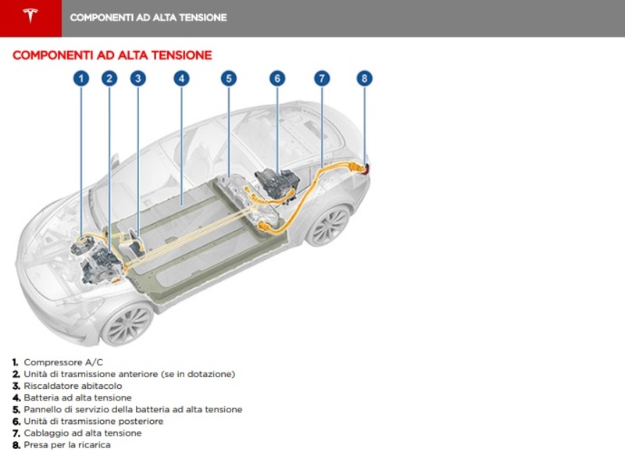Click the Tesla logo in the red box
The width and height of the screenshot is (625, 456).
click(30, 17)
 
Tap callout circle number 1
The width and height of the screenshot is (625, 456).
click(81, 78)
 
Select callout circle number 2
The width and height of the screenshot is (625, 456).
click(109, 78)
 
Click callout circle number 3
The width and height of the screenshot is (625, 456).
click(137, 78)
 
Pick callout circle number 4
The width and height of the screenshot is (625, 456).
click(180, 78)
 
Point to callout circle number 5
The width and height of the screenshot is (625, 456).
click(228, 78)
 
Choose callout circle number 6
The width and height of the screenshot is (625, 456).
click(277, 78)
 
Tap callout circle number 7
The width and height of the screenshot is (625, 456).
click(321, 78)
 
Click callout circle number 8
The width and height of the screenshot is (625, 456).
click(363, 78)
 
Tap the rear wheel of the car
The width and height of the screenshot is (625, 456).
click(328, 226)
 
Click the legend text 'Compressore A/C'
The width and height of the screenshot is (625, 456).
click(62, 362)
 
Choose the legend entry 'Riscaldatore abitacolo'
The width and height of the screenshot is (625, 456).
click(73, 386)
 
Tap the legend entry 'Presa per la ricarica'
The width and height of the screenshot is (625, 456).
click(67, 444)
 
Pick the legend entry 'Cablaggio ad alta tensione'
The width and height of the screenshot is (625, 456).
click(83, 433)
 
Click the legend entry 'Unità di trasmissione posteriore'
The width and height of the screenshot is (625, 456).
click(93, 421)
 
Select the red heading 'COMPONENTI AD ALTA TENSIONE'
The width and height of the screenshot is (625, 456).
click(112, 55)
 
